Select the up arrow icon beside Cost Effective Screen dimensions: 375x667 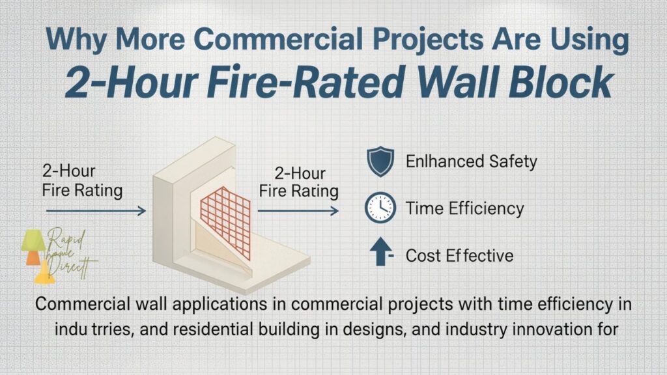click(378, 254)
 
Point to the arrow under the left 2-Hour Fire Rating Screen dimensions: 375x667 click(98, 210)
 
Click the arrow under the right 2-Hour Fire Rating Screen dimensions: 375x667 click(298, 210)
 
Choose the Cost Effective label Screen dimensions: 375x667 click(459, 255)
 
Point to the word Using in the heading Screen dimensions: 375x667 click(586, 40)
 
